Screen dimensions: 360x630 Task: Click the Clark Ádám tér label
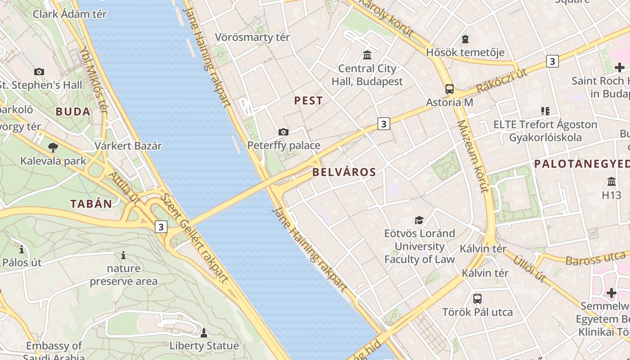click(70, 14)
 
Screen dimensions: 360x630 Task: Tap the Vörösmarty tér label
click(252, 37)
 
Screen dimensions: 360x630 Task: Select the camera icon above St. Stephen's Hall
click(39, 72)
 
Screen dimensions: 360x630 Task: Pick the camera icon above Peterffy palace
click(283, 132)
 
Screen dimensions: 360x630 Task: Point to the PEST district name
click(308, 100)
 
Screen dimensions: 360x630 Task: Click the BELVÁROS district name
click(344, 172)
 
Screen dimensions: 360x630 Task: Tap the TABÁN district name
click(91, 203)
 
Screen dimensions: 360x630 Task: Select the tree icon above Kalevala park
click(53, 147)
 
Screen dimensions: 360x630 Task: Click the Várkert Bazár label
click(128, 146)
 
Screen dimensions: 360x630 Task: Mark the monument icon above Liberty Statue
click(203, 333)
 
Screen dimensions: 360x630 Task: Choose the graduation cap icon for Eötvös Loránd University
click(419, 220)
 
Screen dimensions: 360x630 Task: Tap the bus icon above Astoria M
click(450, 89)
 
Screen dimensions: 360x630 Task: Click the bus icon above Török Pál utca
click(477, 298)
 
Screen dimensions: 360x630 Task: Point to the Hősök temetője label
click(465, 52)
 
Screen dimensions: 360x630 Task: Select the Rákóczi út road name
click(501, 81)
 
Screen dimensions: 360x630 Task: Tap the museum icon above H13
click(612, 182)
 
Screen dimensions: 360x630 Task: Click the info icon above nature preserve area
click(123, 256)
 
